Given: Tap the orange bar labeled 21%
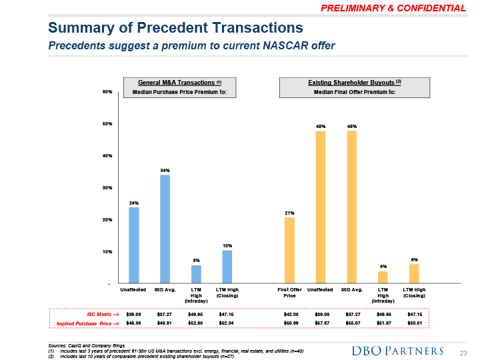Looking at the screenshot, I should pyautogui.click(x=289, y=250).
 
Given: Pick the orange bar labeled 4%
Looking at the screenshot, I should pyautogui.click(x=383, y=277).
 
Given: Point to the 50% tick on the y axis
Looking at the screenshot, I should pyautogui.click(x=107, y=124).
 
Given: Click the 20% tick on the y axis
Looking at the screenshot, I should pyautogui.click(x=107, y=220).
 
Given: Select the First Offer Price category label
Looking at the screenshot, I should pyautogui.click(x=289, y=293).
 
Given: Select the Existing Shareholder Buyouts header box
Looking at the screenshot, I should pyautogui.click(x=354, y=87).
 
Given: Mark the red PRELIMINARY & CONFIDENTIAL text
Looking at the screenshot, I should pyautogui.click(x=393, y=8).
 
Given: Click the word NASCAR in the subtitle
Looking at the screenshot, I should pyautogui.click(x=265, y=45).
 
